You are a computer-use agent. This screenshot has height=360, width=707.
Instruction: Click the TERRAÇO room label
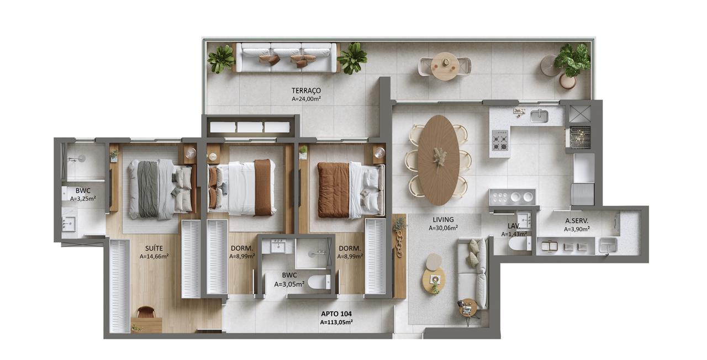tap(306, 91)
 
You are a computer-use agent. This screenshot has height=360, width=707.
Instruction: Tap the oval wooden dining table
tap(438, 160)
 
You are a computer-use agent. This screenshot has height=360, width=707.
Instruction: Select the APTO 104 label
tap(336, 314)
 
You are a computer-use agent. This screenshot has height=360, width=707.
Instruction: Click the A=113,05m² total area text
tap(336, 322)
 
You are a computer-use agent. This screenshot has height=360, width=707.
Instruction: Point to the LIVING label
tap(443, 220)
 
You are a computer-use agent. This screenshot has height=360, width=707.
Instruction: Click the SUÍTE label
tap(154, 248)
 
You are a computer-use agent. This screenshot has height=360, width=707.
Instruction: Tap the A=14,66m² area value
tap(154, 257)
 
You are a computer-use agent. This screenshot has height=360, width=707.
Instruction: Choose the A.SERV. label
tap(577, 221)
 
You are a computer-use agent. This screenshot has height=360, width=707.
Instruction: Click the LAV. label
tap(514, 226)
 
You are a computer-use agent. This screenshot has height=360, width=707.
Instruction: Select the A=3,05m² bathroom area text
tap(289, 284)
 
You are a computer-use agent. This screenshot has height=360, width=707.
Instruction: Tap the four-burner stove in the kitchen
tap(500, 140)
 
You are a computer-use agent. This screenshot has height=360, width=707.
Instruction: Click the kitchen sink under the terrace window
tap(540, 116)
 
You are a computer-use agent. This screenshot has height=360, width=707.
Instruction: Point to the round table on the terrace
tap(445, 66)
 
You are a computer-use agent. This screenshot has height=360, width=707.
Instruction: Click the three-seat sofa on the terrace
tap(286, 57)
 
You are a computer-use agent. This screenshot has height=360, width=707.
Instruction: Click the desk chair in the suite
tap(146, 312)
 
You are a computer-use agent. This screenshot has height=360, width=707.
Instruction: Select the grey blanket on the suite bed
tap(148, 189)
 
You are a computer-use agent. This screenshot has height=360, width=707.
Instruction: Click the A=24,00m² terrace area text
tap(306, 99)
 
